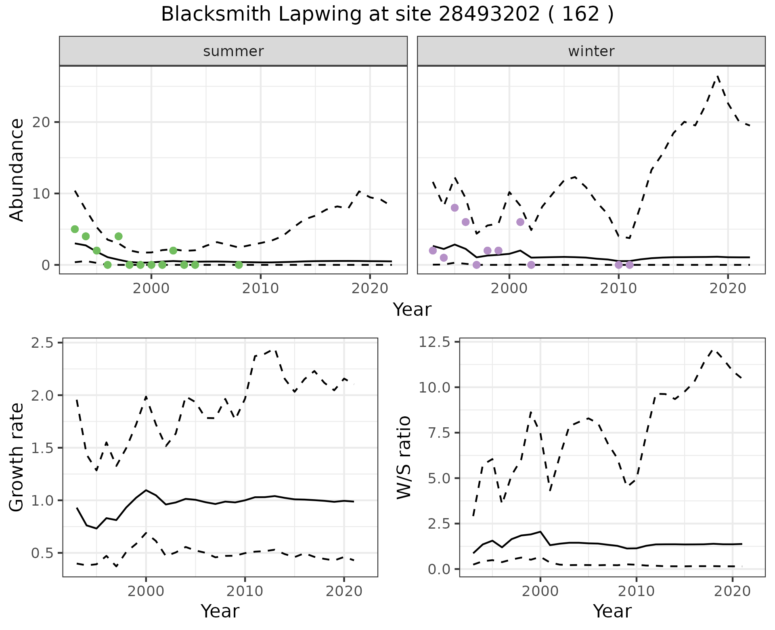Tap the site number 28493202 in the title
489,15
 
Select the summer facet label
233,51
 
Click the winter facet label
591,51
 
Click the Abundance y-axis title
17,170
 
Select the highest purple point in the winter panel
455,208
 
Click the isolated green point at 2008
239,265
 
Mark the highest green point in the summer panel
75,229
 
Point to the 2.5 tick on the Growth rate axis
44,343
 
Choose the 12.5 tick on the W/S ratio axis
435,342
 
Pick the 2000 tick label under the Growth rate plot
146,592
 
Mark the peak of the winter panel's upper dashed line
717,76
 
